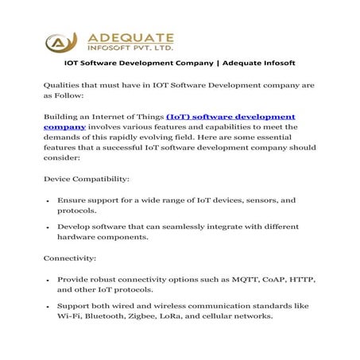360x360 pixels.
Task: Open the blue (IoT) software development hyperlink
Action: tap(230, 116)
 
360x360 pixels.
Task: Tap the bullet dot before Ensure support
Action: tap(48, 202)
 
